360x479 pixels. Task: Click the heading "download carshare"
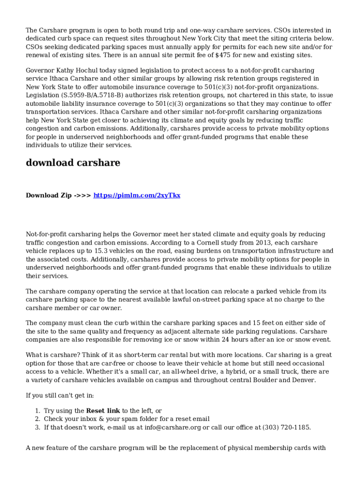pos(73,163)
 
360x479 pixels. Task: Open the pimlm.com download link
pos(137,195)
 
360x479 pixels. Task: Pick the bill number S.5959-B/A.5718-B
pos(92,95)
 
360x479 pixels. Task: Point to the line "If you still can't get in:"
pos(60,396)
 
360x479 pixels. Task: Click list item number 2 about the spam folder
pos(127,419)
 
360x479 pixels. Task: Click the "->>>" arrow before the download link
pos(82,195)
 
